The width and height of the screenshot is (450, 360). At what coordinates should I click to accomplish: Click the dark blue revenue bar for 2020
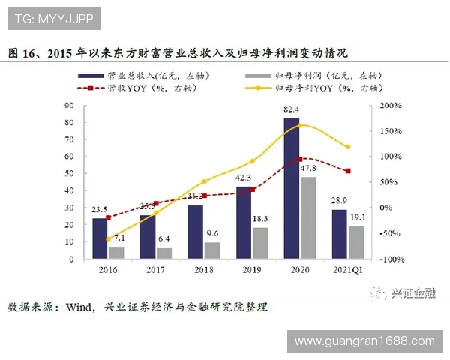(x=291, y=188)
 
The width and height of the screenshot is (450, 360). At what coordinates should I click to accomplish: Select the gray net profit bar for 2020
(x=307, y=217)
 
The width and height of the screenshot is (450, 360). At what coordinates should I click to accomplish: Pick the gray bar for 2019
(x=260, y=243)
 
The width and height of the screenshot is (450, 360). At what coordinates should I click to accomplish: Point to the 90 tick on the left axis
(x=68, y=106)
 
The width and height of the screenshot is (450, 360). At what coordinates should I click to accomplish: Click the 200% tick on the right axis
(x=391, y=106)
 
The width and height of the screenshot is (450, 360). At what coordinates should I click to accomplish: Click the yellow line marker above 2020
(x=300, y=125)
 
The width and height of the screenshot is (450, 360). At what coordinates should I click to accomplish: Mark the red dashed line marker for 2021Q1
(x=348, y=171)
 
